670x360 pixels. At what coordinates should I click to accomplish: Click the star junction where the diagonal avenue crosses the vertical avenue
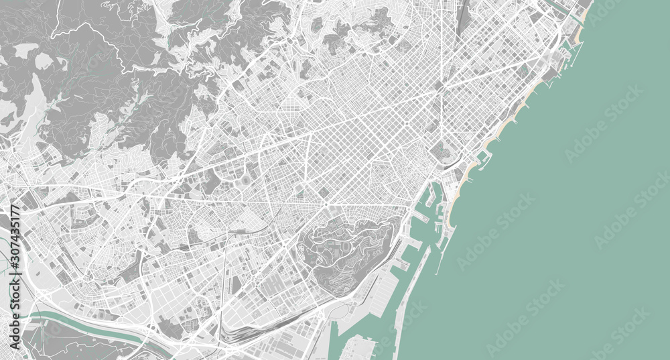pyautogui.click(x=442, y=86)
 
